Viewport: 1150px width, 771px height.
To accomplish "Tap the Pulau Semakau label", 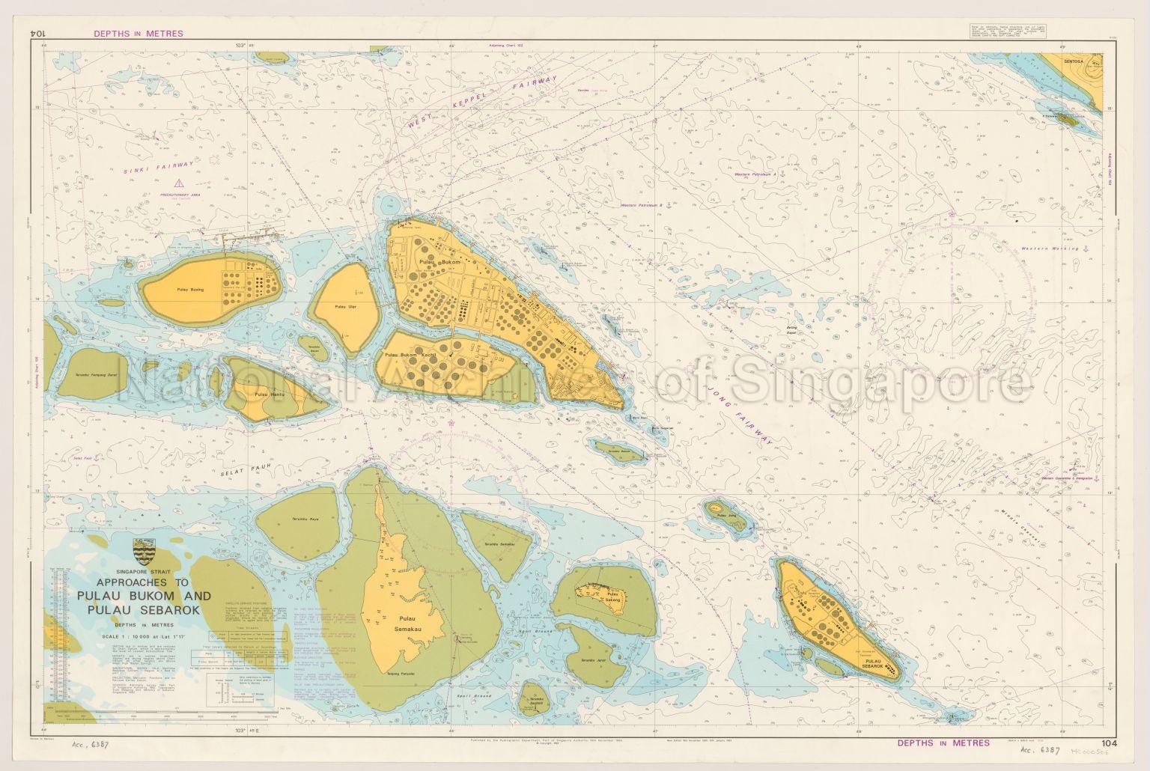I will pyautogui.click(x=407, y=624).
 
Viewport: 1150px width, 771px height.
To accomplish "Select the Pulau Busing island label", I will pyautogui.click(x=190, y=289).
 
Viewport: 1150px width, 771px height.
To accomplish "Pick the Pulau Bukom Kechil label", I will pyautogui.click(x=410, y=355).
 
